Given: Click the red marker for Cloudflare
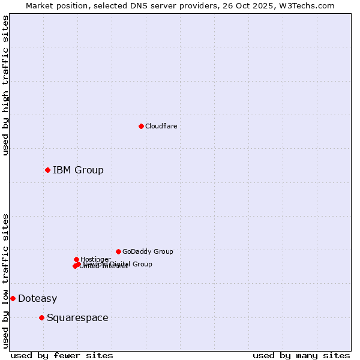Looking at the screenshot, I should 141,126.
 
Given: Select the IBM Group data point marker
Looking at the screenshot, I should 47,170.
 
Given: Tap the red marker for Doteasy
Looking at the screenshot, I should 13,298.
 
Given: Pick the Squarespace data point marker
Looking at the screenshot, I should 41,317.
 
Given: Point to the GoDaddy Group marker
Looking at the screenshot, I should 118,251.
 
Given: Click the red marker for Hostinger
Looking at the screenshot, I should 76,259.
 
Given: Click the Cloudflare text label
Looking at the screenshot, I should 161,126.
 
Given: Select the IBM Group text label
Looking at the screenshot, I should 78,170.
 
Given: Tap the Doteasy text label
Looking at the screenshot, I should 37,298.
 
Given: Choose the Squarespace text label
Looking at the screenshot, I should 77,317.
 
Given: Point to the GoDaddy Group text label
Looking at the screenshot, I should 148,251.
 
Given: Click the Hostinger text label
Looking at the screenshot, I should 95,259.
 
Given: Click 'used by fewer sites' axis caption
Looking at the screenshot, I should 62,355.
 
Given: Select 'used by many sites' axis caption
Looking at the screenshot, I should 301,355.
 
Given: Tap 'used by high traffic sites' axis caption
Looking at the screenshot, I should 5,85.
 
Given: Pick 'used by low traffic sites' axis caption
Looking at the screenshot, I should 5,280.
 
